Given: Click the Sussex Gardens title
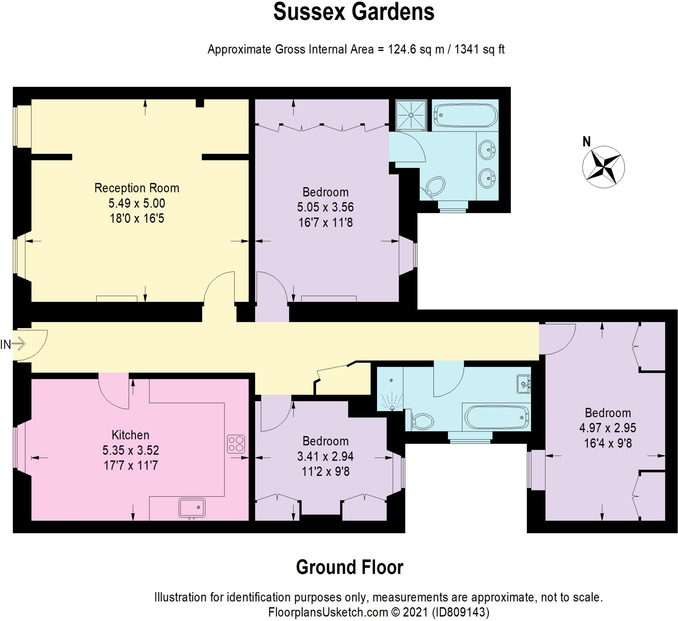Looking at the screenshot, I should [354, 12].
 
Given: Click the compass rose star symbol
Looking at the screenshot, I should [603, 167].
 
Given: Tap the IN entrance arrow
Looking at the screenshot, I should [19, 344].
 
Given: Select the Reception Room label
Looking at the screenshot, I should [137, 188].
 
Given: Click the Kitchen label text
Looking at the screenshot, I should [130, 435].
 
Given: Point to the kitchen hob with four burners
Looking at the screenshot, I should [236, 443].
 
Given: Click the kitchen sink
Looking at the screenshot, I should [192, 508].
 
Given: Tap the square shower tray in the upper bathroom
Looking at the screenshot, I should [411, 115].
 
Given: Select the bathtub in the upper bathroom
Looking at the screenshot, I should [465, 115].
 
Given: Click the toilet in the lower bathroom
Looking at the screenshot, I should [423, 421].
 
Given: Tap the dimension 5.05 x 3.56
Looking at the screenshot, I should [325, 207].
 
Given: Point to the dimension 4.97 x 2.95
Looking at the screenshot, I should [608, 428].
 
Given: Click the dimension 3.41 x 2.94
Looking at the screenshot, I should [325, 456].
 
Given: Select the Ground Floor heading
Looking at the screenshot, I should [350, 567].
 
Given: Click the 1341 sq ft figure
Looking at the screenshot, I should [479, 49].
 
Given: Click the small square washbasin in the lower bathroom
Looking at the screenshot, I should [523, 384].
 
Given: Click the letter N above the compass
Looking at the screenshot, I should [587, 142].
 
